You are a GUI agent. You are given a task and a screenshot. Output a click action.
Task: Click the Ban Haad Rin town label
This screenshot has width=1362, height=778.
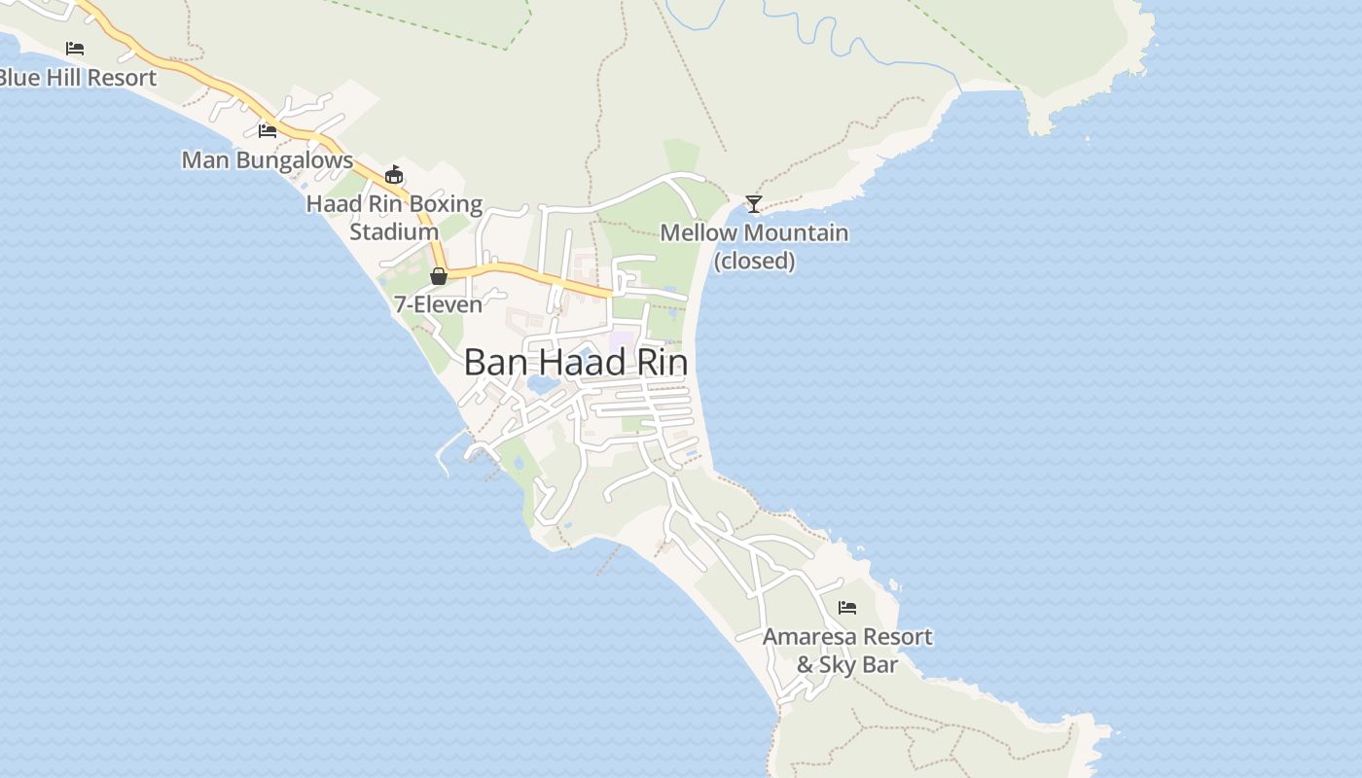pyautogui.click(x=575, y=363)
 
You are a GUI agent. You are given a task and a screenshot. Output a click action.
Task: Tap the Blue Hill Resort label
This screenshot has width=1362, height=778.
pyautogui.click(x=78, y=78)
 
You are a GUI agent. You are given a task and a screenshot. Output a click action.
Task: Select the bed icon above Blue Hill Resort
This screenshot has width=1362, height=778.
pyautogui.click(x=75, y=48)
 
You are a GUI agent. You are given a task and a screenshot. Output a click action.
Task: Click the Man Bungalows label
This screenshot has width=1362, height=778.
pyautogui.click(x=268, y=159)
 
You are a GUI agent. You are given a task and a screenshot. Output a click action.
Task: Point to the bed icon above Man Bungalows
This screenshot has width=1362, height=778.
pyautogui.click(x=268, y=130)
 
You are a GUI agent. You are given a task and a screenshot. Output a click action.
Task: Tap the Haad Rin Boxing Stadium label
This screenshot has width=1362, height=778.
pyautogui.click(x=394, y=218)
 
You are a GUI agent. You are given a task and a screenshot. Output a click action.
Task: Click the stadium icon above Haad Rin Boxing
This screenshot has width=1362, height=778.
pyautogui.click(x=393, y=175)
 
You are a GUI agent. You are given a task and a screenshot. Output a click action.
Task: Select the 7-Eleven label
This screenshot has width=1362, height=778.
pyautogui.click(x=438, y=304)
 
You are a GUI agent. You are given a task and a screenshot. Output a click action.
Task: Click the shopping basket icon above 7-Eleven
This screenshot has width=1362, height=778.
pyautogui.click(x=439, y=276)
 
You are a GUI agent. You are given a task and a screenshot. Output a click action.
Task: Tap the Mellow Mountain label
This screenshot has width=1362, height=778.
pyautogui.click(x=754, y=233)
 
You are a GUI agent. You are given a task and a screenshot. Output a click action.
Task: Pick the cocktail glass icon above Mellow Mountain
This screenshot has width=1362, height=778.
pyautogui.click(x=753, y=204)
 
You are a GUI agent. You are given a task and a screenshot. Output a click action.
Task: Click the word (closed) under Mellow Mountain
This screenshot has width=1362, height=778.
pyautogui.click(x=755, y=262)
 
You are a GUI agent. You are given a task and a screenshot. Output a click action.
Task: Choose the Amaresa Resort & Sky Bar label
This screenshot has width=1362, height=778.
pyautogui.click(x=847, y=651)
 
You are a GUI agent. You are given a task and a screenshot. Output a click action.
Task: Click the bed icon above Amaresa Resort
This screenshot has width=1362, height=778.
pyautogui.click(x=847, y=608)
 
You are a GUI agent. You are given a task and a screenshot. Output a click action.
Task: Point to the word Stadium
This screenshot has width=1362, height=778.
pyautogui.click(x=394, y=232)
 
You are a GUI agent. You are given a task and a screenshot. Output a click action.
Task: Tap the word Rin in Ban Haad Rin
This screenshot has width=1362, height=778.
pyautogui.click(x=662, y=363)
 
